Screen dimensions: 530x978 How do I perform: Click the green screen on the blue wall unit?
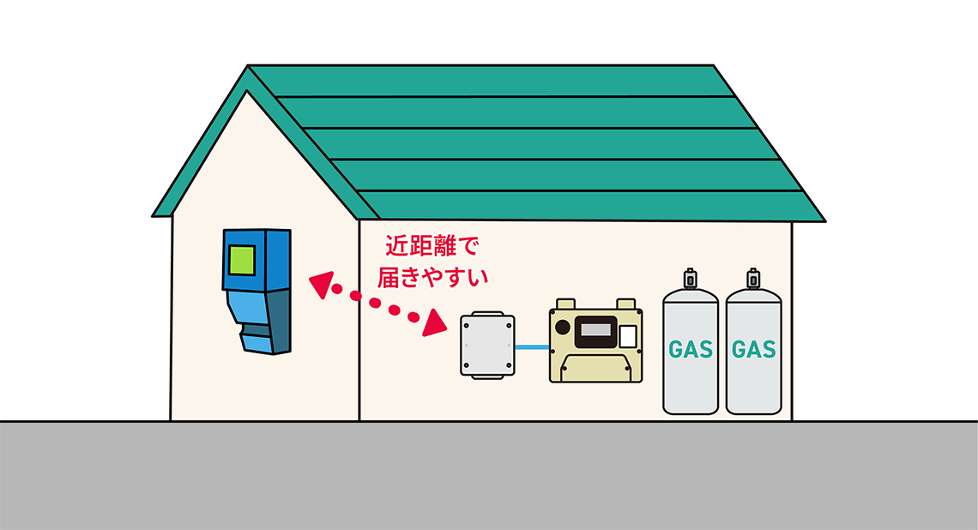pyautogui.click(x=242, y=259)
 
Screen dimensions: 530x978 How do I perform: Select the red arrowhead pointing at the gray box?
pyautogui.click(x=435, y=323)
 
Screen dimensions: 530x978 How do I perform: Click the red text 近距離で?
pyautogui.click(x=430, y=247)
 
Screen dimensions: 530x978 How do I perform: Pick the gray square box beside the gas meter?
pyautogui.click(x=487, y=346)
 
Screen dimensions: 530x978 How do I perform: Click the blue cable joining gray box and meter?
pyautogui.click(x=532, y=346)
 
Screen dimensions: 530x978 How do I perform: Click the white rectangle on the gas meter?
pyautogui.click(x=627, y=335)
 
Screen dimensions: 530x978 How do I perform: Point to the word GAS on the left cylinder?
pyautogui.click(x=691, y=350)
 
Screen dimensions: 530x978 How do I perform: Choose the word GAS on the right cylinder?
pyautogui.click(x=754, y=350)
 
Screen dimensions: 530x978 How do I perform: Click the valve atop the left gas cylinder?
pyautogui.click(x=690, y=279)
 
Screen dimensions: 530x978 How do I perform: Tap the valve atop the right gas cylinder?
pyautogui.click(x=753, y=279)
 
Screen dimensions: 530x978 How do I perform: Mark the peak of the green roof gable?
pyautogui.click(x=248, y=69)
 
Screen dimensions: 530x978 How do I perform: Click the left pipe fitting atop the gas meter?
pyautogui.click(x=564, y=304)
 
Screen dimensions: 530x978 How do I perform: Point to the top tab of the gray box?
pyautogui.click(x=487, y=313)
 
